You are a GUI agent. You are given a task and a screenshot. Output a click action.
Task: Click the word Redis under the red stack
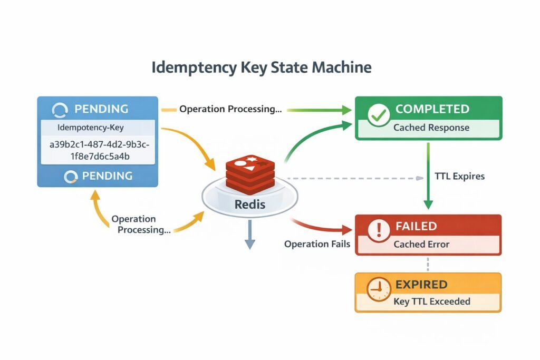tap(249, 204)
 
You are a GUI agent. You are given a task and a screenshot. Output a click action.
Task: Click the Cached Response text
tap(431, 128)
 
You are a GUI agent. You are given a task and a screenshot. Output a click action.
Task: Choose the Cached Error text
tap(422, 245)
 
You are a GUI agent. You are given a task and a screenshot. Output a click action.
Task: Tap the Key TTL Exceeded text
tap(431, 302)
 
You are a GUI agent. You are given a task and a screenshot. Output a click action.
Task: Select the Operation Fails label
tap(317, 244)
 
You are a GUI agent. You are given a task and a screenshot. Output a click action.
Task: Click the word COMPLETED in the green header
tap(432, 109)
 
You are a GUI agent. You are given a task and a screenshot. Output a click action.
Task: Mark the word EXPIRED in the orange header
tap(421, 285)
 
